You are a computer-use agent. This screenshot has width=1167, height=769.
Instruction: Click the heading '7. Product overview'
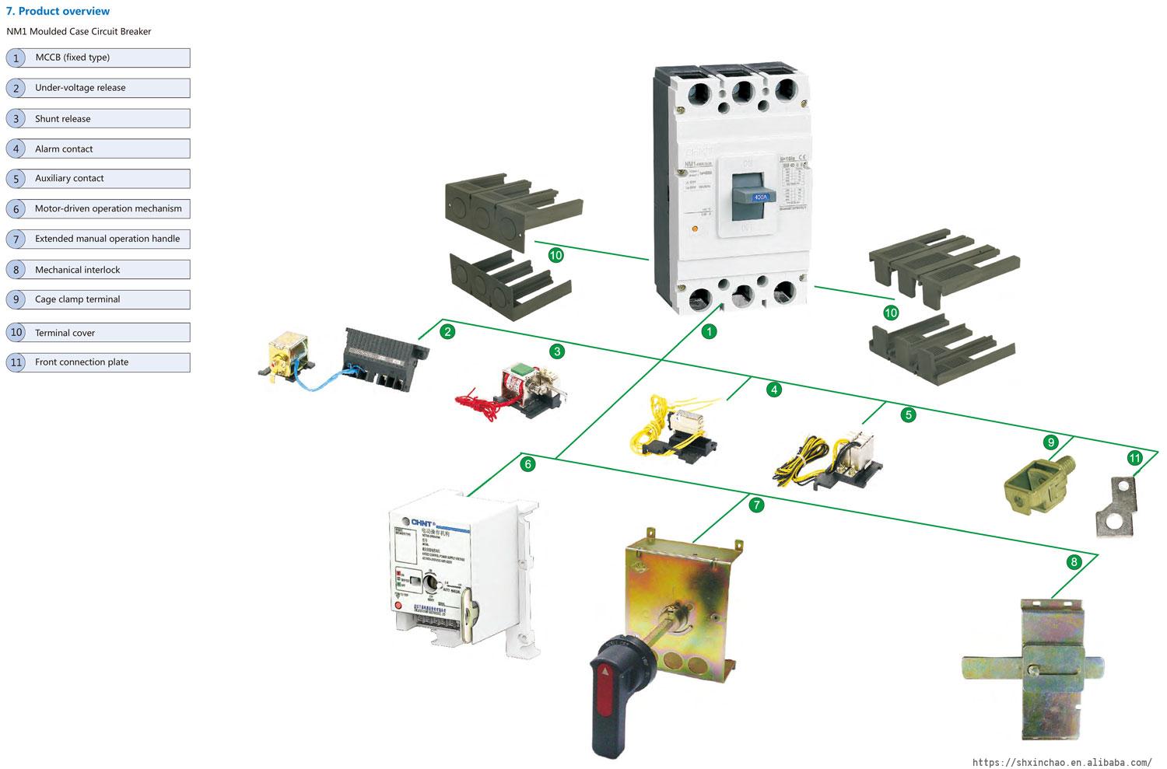pyautogui.click(x=58, y=11)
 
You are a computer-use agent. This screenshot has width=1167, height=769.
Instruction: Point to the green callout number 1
pyautogui.click(x=709, y=332)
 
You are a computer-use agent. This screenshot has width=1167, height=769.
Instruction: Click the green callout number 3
pyautogui.click(x=556, y=351)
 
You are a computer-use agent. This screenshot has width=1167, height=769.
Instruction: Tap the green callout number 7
pyautogui.click(x=756, y=505)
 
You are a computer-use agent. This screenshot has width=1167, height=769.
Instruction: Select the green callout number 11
pyautogui.click(x=1134, y=458)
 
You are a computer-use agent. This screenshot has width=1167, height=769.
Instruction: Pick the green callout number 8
pyautogui.click(x=1074, y=562)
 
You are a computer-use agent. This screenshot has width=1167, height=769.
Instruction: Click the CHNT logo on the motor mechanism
pyautogui.click(x=418, y=522)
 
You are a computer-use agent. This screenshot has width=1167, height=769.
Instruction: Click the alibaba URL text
pyautogui.click(x=1062, y=762)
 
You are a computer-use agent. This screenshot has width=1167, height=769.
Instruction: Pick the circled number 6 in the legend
pyautogui.click(x=16, y=209)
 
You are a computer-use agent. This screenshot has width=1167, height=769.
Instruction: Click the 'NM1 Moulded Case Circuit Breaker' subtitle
pyautogui.click(x=79, y=32)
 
